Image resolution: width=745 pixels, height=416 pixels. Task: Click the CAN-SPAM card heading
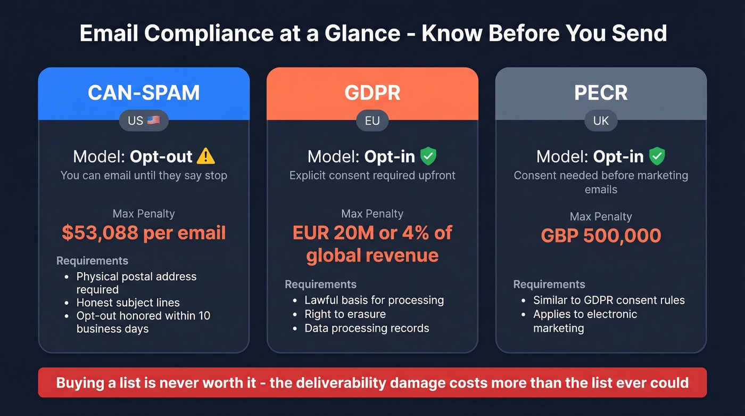(x=144, y=93)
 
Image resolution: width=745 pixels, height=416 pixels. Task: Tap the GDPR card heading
(x=372, y=93)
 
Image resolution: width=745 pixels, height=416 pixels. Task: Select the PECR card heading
(x=601, y=93)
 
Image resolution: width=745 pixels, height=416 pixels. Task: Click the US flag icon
(x=153, y=120)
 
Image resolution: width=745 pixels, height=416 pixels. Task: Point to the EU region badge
(x=372, y=121)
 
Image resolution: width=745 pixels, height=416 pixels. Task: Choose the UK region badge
(x=601, y=121)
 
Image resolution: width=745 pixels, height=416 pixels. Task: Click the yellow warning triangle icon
(x=205, y=157)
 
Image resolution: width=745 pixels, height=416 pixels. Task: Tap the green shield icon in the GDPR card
(x=428, y=157)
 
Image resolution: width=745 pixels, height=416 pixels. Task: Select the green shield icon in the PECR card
(x=657, y=157)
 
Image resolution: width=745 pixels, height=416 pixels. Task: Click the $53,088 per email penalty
(x=144, y=233)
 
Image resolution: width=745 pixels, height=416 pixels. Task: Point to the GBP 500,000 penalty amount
(x=601, y=235)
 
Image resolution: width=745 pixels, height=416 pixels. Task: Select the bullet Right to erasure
(x=345, y=314)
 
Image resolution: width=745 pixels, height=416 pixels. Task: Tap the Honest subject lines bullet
(x=128, y=303)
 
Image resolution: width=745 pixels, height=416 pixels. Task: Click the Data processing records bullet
(x=367, y=328)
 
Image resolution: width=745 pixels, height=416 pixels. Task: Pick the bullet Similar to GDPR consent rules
(x=609, y=300)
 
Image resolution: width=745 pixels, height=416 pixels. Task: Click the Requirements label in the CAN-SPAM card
(x=92, y=260)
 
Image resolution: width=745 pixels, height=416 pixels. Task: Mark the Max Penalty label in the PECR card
(x=601, y=216)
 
